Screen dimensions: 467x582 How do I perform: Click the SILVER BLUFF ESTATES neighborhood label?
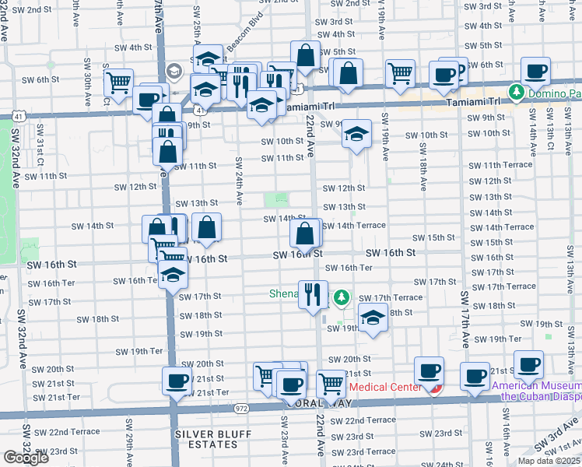tap(206, 439)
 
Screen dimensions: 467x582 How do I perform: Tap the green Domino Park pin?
tap(515, 93)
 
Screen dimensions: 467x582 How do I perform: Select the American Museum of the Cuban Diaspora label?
tap(537, 390)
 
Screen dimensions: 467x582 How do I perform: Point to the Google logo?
tap(26, 458)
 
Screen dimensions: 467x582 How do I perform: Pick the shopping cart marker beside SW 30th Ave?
tap(119, 82)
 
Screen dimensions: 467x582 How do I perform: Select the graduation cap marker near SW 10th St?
tap(356, 135)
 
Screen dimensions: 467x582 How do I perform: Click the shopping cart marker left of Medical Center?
tap(331, 383)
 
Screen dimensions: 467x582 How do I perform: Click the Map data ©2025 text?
tap(549, 460)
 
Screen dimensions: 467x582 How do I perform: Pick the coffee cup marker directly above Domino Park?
tap(536, 72)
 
